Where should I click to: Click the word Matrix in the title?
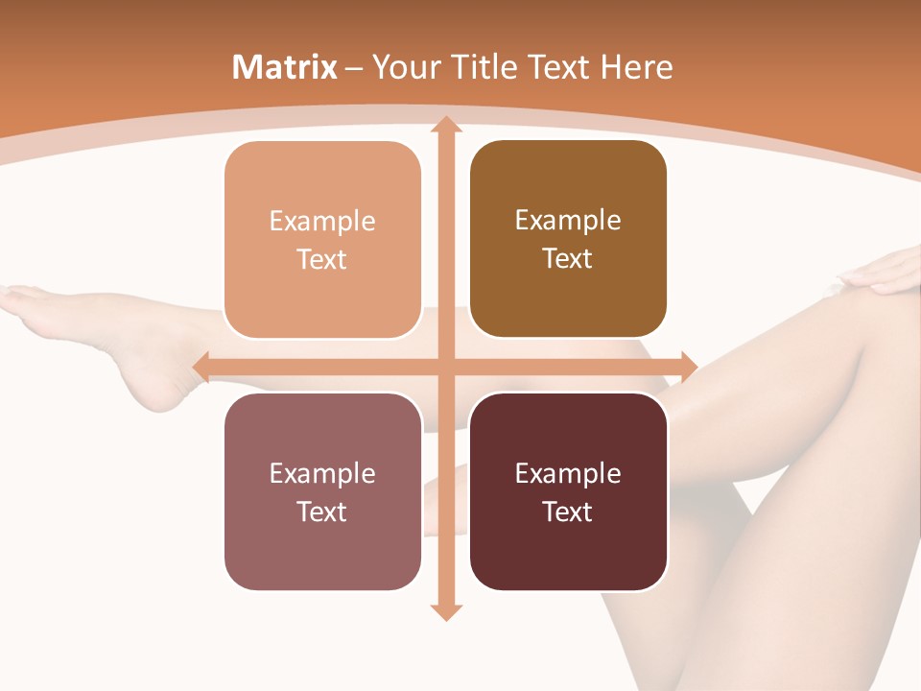click(285, 67)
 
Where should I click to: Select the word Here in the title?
click(636, 67)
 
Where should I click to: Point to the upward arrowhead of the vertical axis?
click(445, 125)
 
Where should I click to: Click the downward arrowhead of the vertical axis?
click(445, 611)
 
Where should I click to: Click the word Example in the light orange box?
click(322, 222)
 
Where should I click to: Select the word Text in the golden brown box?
click(568, 259)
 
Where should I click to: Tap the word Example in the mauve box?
click(322, 474)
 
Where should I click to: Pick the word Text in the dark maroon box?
click(568, 512)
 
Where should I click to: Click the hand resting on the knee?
click(883, 274)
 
